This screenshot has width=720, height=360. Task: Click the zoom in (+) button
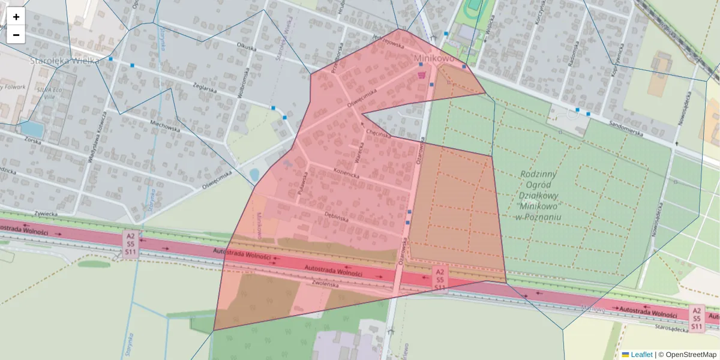pos(16,17)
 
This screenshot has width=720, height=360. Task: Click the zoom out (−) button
pos(16,35)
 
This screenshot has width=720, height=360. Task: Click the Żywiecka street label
pos(46,212)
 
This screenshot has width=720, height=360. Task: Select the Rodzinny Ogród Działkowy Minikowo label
pos(541,195)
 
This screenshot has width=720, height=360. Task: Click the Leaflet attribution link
pos(640,355)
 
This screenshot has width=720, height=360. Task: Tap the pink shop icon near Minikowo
pos(422,75)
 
